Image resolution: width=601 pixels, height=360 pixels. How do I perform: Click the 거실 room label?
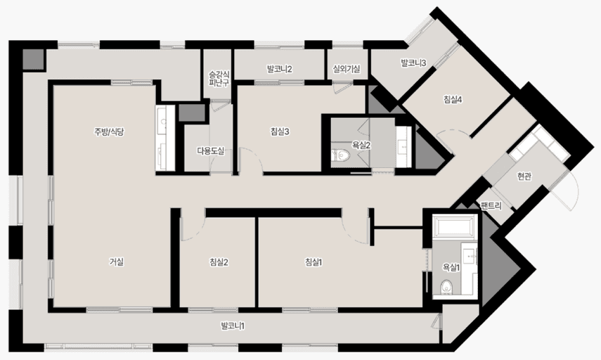117,262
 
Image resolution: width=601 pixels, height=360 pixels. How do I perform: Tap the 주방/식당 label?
109,132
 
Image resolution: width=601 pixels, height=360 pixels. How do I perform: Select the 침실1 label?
314,262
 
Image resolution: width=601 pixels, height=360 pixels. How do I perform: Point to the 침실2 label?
219,262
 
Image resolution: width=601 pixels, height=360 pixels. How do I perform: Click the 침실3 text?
280,132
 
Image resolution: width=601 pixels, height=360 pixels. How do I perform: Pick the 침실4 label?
453,100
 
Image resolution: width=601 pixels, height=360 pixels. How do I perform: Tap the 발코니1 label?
233,326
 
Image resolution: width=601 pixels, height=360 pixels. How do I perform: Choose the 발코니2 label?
280,70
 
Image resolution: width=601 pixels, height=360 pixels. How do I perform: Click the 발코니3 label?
413,63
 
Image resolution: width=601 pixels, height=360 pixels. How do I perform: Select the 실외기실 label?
347,70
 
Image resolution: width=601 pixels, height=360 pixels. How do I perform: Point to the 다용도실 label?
211,151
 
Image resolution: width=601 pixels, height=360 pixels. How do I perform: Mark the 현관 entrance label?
524,176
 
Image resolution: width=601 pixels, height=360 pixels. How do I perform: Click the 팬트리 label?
491,206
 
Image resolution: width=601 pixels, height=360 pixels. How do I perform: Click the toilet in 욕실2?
341,155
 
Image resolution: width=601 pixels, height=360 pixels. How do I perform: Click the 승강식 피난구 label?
219,78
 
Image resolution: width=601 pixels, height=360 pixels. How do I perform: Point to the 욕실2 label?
361,146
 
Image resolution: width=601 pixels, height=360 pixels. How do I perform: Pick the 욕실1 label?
451,268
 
